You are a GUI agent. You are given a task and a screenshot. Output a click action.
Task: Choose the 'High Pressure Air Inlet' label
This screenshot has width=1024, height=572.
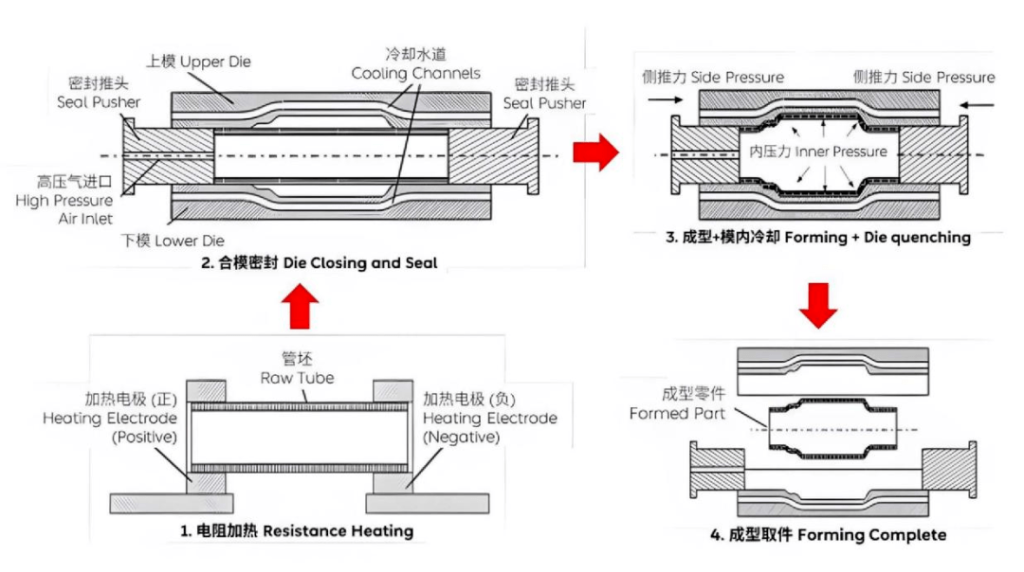click(x=63, y=200)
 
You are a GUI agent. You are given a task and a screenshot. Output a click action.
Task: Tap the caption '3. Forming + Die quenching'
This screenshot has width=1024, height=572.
click(x=818, y=238)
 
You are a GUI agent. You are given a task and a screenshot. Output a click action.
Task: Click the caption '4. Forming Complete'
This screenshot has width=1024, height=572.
click(x=828, y=535)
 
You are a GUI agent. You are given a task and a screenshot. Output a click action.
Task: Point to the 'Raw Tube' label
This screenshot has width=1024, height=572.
click(x=300, y=368)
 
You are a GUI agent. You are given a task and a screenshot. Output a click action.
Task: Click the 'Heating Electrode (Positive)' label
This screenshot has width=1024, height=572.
click(x=109, y=418)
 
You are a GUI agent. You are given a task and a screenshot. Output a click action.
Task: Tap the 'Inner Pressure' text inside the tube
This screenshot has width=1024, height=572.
click(x=817, y=152)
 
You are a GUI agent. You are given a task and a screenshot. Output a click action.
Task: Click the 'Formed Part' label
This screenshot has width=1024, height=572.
click(x=677, y=404)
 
